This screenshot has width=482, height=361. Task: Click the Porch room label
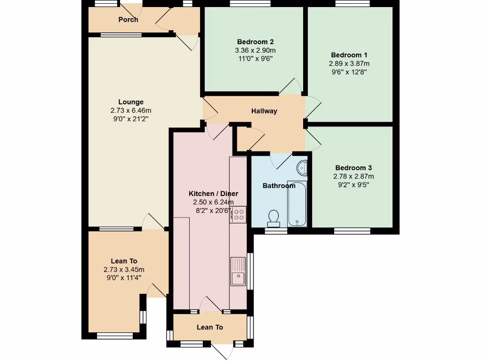click(x=128, y=20)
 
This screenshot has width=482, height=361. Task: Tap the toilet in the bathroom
click(x=273, y=217)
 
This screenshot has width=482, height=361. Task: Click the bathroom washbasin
click(x=302, y=167)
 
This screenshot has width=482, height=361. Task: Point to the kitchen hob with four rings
click(x=239, y=214)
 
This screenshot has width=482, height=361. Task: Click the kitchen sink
click(x=238, y=271)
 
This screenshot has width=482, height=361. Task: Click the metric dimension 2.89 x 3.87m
click(x=349, y=63)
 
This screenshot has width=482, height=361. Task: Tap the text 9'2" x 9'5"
click(x=353, y=185)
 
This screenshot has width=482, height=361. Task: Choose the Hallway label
click(x=264, y=111)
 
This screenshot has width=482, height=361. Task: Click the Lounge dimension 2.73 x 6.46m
click(x=131, y=110)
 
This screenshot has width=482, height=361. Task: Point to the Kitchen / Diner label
click(x=213, y=194)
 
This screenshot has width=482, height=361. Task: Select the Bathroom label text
click(x=279, y=186)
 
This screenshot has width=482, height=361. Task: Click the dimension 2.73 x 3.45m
click(x=124, y=269)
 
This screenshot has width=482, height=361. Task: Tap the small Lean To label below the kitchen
click(x=209, y=327)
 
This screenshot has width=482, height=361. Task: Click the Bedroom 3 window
click(x=352, y=231)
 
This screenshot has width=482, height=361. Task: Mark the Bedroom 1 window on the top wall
click(x=352, y=4)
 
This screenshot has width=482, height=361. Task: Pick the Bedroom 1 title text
click(x=349, y=55)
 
